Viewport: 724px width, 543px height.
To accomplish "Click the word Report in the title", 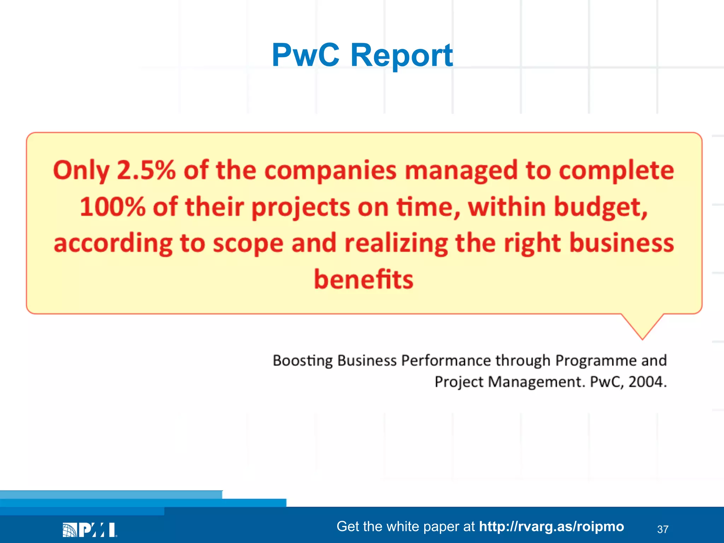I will pos(401,56).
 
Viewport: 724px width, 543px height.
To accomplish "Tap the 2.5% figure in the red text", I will pos(146,170).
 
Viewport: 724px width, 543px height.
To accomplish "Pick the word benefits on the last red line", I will pos(363,279).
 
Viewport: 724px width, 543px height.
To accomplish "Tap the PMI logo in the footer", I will pos(90,530).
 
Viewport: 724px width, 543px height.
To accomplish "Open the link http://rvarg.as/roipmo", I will pos(551,526).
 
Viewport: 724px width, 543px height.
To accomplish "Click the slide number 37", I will pos(662,529).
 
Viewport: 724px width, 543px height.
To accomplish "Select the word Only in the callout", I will pos(81,171).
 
